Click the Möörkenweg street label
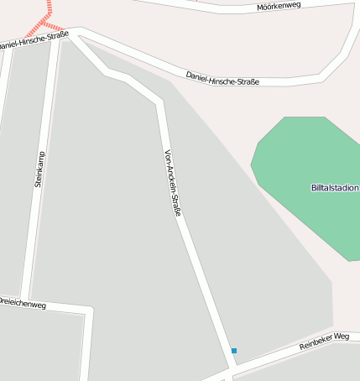click(x=278, y=7)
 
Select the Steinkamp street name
click(x=39, y=169)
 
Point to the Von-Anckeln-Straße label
click(x=173, y=184)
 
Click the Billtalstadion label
click(x=335, y=188)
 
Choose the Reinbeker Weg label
click(x=324, y=342)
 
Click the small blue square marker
click(x=234, y=351)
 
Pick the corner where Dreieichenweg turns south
click(x=88, y=312)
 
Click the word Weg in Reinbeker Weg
click(x=341, y=337)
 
